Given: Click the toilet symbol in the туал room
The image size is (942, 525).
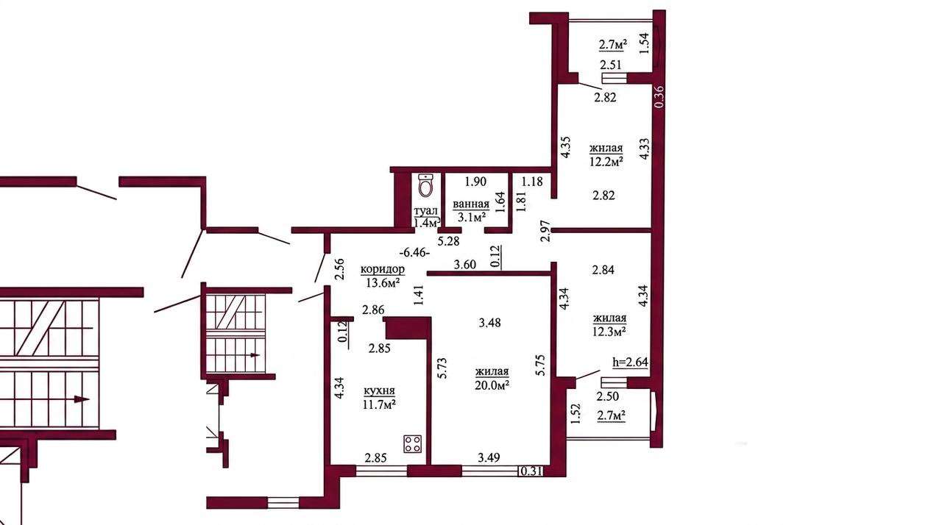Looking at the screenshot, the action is pyautogui.click(x=425, y=185).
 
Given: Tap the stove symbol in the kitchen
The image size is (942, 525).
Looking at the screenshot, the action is pyautogui.click(x=413, y=444).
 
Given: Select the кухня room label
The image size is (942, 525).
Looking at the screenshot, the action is pyautogui.click(x=379, y=391).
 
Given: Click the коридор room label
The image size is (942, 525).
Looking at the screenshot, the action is pyautogui.click(x=382, y=269).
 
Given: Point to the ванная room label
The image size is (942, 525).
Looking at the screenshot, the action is pyautogui.click(x=471, y=204).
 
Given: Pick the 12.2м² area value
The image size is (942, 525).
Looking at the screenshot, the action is pyautogui.click(x=606, y=161).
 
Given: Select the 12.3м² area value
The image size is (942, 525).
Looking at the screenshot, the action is pyautogui.click(x=609, y=332).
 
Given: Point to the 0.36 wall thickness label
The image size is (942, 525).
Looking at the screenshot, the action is pyautogui.click(x=659, y=96).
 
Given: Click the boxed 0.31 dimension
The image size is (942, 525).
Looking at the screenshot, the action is pyautogui.click(x=531, y=471).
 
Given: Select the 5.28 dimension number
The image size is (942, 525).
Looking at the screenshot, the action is pyautogui.click(x=449, y=241).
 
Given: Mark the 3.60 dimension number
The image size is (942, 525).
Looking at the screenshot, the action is pyautogui.click(x=464, y=265).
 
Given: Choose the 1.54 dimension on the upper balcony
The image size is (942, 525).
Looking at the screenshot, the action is pyautogui.click(x=644, y=43).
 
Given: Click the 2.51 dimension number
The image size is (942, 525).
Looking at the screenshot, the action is pyautogui.click(x=611, y=65).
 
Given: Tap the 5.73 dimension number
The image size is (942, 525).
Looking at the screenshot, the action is pyautogui.click(x=442, y=368).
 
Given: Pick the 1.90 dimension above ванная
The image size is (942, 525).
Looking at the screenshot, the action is pyautogui.click(x=475, y=182).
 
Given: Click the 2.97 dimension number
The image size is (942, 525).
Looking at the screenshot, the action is pyautogui.click(x=545, y=231).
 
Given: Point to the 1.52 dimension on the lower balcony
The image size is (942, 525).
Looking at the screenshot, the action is pyautogui.click(x=576, y=413).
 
